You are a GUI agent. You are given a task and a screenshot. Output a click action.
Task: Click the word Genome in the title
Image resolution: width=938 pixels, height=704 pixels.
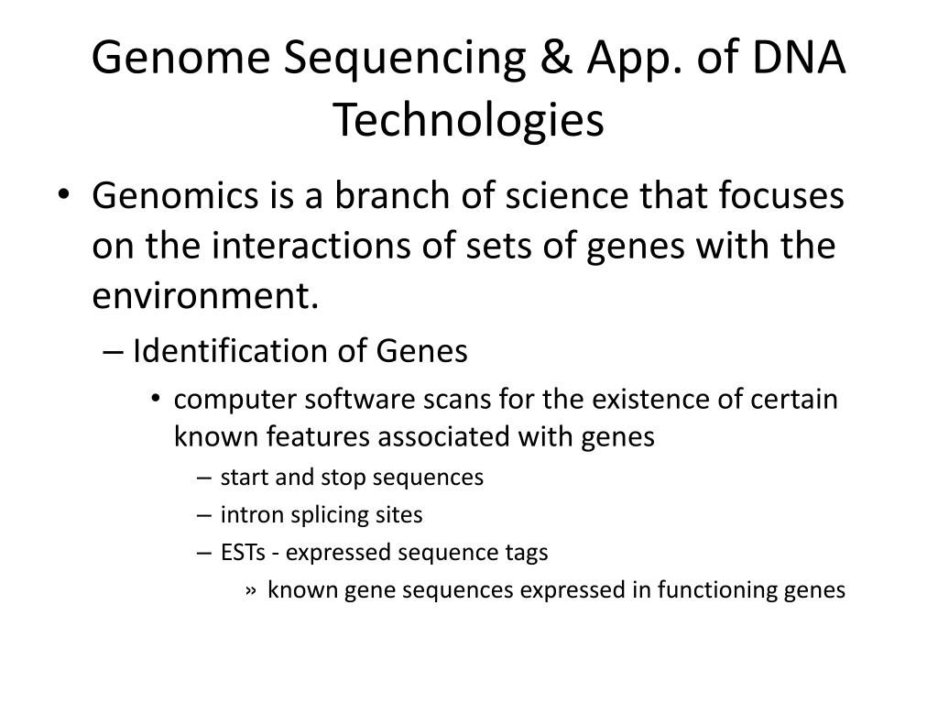click(x=181, y=58)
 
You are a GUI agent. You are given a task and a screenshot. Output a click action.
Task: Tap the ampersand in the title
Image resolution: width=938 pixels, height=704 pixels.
click(x=556, y=58)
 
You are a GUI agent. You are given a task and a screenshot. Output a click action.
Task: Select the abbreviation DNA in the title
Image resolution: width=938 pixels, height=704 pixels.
click(x=798, y=58)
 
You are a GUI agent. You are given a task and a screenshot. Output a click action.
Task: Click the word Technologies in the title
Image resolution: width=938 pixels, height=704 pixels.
click(x=468, y=121)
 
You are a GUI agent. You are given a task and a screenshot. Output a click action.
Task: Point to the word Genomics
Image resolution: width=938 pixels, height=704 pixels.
click(x=175, y=196)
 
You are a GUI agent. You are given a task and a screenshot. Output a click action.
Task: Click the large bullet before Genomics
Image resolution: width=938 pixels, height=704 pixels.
click(x=64, y=193)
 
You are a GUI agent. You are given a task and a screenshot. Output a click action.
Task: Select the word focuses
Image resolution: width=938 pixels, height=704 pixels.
click(x=780, y=195)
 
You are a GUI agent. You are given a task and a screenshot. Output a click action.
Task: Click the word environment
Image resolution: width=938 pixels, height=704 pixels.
click(x=205, y=295)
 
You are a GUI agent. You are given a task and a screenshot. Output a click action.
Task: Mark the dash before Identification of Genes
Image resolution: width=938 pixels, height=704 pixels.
click(x=113, y=352)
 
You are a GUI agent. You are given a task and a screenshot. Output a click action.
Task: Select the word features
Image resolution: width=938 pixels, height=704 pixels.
click(x=318, y=435)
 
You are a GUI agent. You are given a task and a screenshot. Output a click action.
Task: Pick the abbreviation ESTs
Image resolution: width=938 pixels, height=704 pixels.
click(x=243, y=552)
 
